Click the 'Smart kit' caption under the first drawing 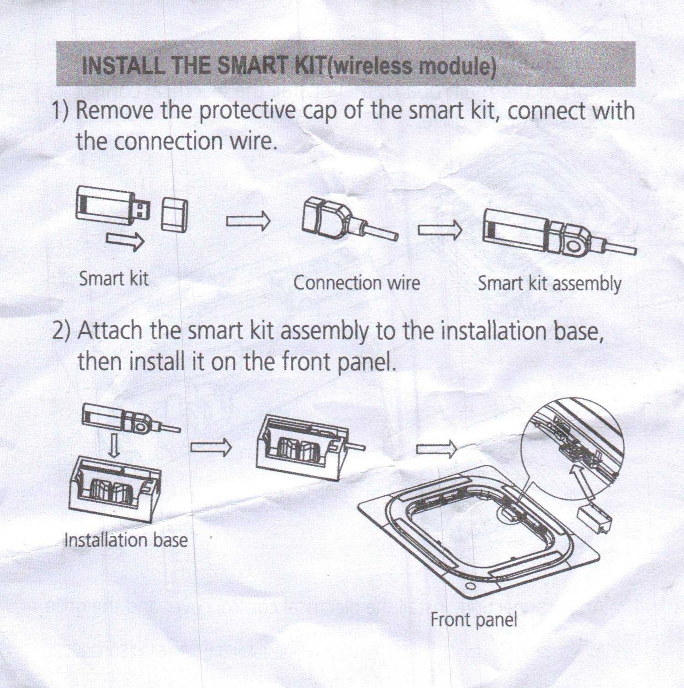[x=114, y=278]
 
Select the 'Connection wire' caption [x=356, y=283]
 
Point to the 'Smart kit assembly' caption [x=549, y=284]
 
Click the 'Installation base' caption [x=126, y=540]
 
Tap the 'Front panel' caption [x=474, y=620]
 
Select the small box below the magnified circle [x=594, y=519]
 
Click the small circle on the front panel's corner [x=469, y=586]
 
